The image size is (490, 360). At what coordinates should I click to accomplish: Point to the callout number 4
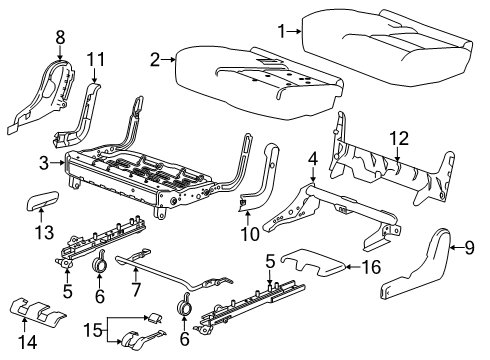pyautogui.click(x=312, y=158)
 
